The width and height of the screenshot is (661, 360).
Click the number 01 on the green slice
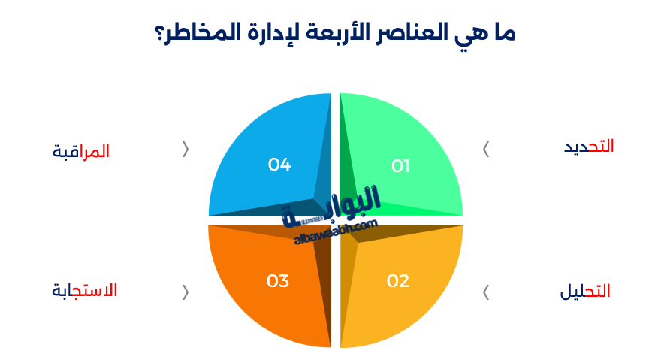[x=400, y=166]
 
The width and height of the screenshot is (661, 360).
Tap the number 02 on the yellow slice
[x=398, y=281]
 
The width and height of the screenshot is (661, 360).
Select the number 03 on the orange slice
[x=278, y=281]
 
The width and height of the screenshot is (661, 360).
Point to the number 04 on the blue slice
[x=279, y=164]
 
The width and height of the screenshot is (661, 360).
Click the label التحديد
[x=589, y=147]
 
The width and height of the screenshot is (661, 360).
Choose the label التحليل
[x=585, y=292]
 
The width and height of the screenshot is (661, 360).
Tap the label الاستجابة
[x=85, y=290]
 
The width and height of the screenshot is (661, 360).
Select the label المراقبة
[x=81, y=151]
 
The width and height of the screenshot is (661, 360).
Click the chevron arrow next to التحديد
[x=486, y=149]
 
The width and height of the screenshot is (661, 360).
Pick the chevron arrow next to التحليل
[x=486, y=292]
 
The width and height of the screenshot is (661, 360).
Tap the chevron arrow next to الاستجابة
[x=186, y=292]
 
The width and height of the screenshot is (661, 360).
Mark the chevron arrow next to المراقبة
[x=186, y=149]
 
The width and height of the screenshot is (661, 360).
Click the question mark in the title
[x=160, y=34]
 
